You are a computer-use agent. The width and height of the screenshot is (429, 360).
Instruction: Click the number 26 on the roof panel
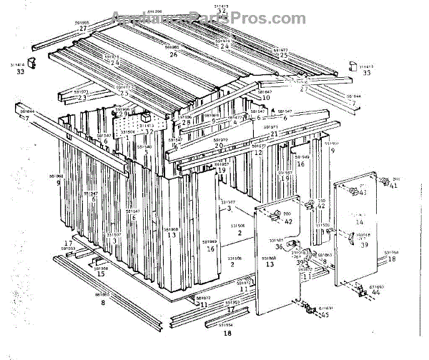[x=174, y=54]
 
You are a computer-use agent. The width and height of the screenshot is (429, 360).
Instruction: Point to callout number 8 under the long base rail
[x=103, y=303]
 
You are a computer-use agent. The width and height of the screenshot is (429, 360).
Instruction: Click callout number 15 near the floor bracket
[x=101, y=274]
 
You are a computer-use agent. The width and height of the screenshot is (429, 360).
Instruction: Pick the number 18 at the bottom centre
[x=228, y=333]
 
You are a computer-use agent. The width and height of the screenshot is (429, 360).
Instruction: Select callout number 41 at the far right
[x=393, y=186]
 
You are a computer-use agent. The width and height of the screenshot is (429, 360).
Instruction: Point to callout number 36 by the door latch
[x=280, y=246]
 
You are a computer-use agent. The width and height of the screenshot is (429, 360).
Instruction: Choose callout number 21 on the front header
[x=273, y=134]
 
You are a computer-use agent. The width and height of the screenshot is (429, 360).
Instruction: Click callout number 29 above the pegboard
[x=122, y=114]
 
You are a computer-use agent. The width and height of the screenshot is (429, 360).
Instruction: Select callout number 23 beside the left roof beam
[x=82, y=98]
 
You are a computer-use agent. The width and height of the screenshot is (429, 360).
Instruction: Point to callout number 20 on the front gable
[x=219, y=146]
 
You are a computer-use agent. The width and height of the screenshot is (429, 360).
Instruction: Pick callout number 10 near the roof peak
[x=266, y=98]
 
